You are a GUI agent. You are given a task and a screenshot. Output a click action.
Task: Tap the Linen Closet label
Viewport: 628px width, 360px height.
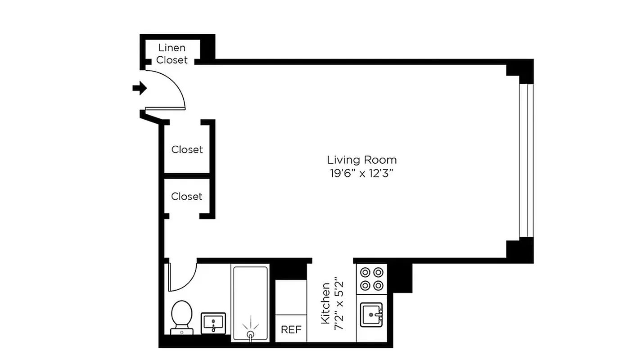coord(172,54)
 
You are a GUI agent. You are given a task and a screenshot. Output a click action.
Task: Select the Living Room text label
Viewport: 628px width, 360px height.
coord(361,160)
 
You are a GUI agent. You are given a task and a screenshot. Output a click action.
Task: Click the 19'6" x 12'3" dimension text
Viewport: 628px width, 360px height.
coord(361,173)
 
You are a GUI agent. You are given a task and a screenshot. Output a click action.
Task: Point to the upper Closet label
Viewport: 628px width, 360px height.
coord(187,149)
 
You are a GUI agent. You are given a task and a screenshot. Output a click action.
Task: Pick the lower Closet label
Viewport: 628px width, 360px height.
coord(187,197)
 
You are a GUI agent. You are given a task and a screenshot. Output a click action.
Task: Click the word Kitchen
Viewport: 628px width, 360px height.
coord(325,304)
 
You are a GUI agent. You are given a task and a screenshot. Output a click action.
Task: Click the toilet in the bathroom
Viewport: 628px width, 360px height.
coord(182,315)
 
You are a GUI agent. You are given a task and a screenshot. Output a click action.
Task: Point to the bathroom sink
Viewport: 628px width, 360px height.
coord(212,323)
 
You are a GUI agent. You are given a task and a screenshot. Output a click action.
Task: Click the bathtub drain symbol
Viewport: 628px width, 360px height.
coord(250,333)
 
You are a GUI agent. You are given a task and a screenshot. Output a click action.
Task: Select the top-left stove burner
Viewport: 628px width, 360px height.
coord(365,272)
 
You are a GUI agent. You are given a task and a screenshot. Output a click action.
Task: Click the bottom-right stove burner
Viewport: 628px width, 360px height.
coord(379,286)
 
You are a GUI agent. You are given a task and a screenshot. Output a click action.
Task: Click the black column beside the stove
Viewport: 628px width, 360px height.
coord(400,277)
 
